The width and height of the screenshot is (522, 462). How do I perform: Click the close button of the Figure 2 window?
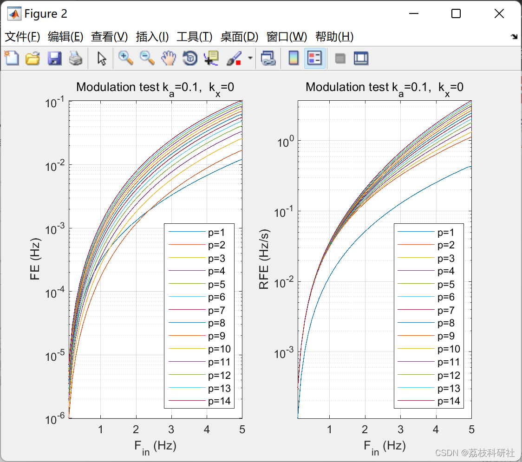point(499,14)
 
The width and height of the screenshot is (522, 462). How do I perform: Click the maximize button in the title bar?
point(456,14)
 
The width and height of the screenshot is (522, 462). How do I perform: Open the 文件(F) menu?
point(22,37)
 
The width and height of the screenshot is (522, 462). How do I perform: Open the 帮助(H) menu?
point(334,37)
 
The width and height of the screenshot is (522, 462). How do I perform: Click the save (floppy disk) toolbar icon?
point(55,59)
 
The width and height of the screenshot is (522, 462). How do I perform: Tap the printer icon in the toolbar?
point(76,59)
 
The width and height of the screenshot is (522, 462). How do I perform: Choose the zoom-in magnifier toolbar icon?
point(126,59)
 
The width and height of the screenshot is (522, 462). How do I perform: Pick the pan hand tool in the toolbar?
point(169,59)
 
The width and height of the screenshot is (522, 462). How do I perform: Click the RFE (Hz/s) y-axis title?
point(264,260)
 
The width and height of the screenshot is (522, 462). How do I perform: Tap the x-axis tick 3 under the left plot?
point(171,429)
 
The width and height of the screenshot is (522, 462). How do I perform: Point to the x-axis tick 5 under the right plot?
point(471,429)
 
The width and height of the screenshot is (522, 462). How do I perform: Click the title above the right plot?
point(385,87)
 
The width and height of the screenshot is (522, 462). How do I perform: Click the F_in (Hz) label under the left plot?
point(155,447)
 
